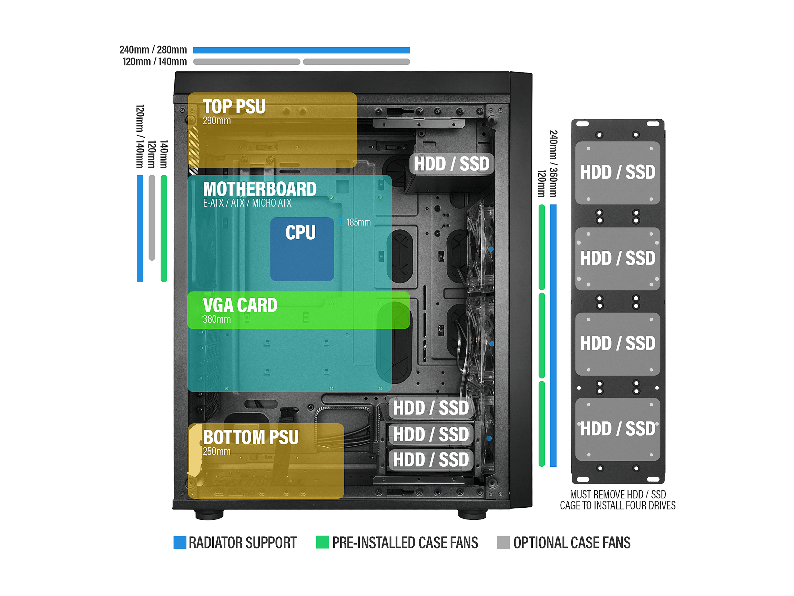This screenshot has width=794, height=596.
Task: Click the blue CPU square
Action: [x=302, y=249]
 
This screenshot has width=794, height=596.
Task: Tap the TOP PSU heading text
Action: [x=234, y=107]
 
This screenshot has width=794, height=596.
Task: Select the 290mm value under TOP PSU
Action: [x=216, y=121]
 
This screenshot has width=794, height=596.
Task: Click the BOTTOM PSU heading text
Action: [x=251, y=437]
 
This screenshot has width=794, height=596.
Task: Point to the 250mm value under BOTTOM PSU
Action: [x=216, y=451]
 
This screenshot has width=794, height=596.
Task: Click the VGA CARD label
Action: [x=240, y=305]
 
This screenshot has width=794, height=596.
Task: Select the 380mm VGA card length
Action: [x=216, y=319]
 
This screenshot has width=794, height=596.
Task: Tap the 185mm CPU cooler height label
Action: [x=358, y=222]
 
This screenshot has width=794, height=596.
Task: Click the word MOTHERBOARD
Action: [x=259, y=189]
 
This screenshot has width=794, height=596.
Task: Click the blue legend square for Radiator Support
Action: [x=180, y=543]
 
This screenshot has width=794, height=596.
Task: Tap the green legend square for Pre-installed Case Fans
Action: [x=322, y=543]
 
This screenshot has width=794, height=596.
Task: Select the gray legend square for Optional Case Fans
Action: [x=503, y=543]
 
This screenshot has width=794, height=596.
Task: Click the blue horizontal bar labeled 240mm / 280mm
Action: [x=301, y=50]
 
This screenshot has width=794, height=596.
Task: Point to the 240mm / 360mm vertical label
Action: [x=553, y=164]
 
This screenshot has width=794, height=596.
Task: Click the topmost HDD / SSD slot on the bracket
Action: [x=618, y=172]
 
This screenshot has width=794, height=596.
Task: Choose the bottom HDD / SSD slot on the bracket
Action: [x=618, y=429]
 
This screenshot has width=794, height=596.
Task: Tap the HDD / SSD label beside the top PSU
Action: [x=451, y=164]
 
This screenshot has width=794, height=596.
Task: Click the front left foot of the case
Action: [x=209, y=515]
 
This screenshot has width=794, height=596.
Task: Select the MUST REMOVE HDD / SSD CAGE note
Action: [x=618, y=500]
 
